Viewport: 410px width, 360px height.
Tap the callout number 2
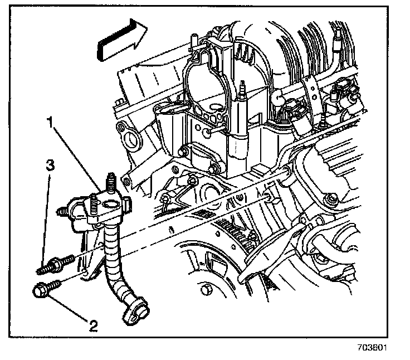pyautogui.click(x=92, y=324)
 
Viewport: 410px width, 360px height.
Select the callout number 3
pyautogui.click(x=50, y=165)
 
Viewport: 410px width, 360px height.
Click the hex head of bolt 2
pyautogui.click(x=41, y=290)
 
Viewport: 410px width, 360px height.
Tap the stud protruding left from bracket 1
pyautogui.click(x=63, y=212)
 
